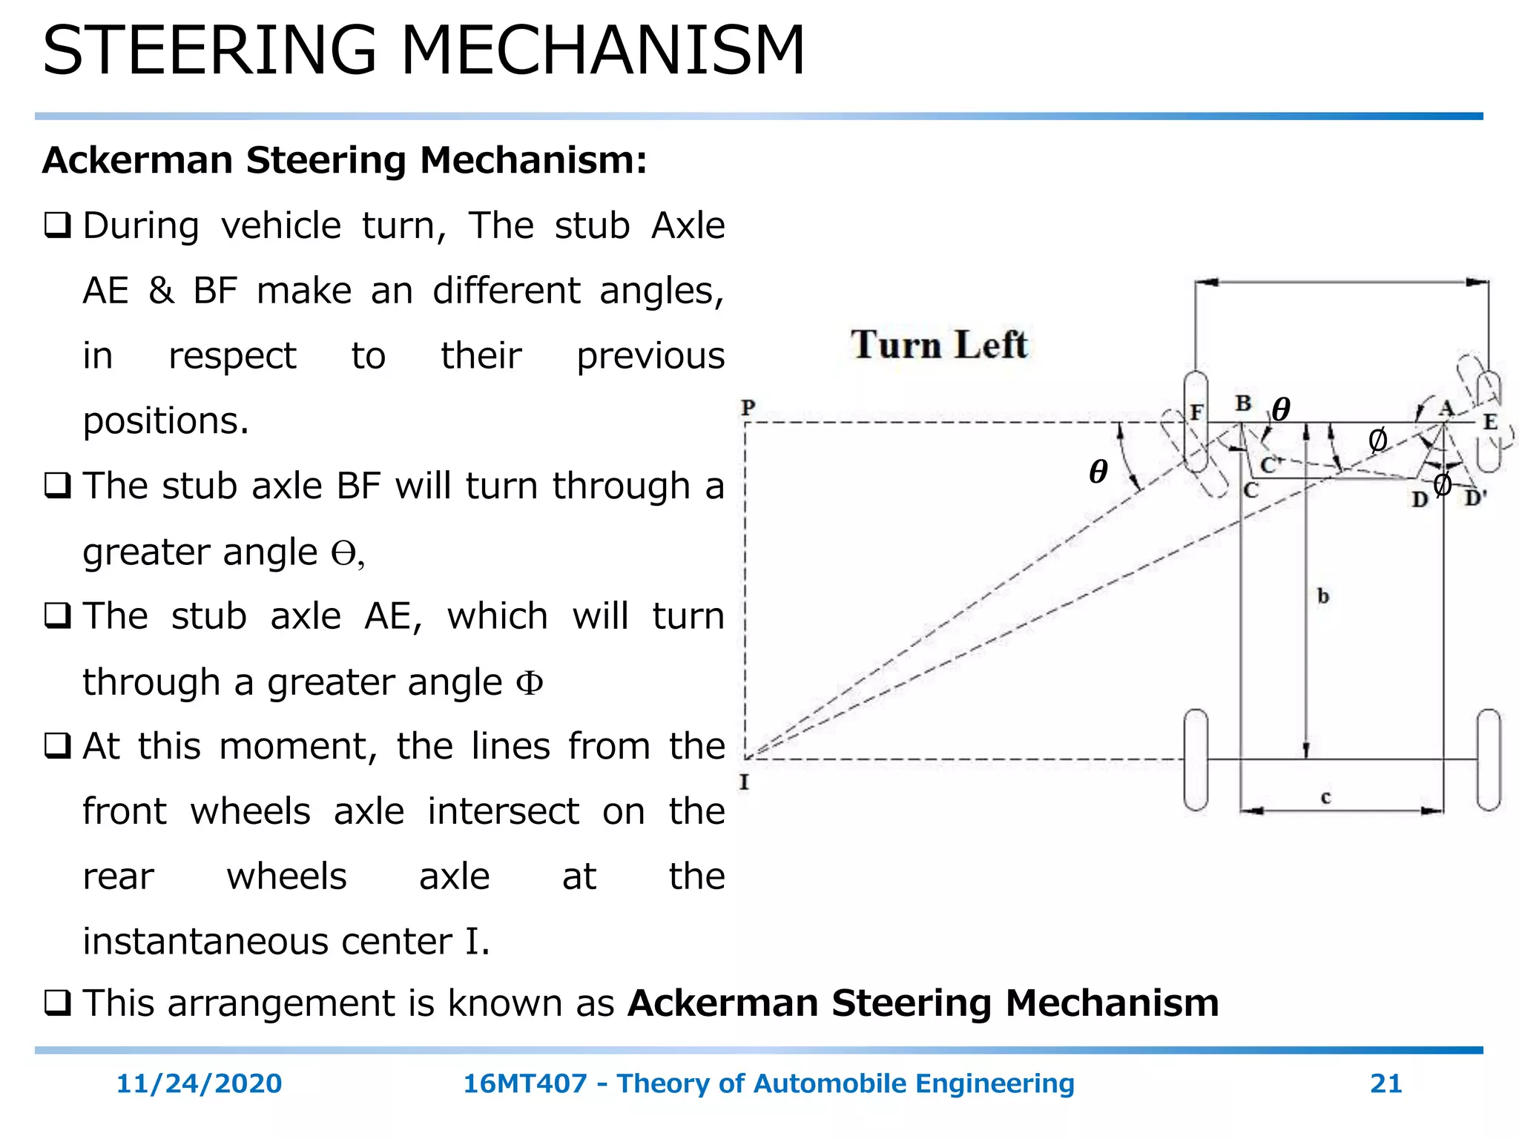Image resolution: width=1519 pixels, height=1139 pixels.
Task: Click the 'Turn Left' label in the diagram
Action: [x=939, y=345]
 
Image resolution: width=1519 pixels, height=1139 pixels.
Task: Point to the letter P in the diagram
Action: [x=748, y=407]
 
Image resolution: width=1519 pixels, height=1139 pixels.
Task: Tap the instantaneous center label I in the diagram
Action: [x=745, y=782]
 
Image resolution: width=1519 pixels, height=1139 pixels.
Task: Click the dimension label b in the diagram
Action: [x=1323, y=596]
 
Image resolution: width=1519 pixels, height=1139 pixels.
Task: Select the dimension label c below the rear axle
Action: [x=1326, y=797]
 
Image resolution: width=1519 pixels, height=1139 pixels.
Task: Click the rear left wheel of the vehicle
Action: [x=1196, y=759]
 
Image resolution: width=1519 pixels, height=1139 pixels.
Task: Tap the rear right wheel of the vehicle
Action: [x=1489, y=759]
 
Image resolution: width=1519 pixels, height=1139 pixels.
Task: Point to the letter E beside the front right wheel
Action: [x=1490, y=422]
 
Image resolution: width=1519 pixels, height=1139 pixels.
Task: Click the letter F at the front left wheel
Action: [x=1196, y=412]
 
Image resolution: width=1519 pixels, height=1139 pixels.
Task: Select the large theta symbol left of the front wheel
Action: [x=1098, y=472]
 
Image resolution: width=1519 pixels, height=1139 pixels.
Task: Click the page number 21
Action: [x=1385, y=1083]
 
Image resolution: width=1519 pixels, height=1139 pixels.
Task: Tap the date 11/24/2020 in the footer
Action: [x=199, y=1083]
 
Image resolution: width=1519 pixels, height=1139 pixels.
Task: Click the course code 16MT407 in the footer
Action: [x=525, y=1083]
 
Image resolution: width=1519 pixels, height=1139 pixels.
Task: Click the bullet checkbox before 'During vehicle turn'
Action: [x=57, y=225]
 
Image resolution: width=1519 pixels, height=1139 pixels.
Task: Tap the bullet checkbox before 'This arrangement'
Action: [x=57, y=1003]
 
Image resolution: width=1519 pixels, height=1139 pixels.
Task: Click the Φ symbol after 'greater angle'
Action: [x=530, y=682]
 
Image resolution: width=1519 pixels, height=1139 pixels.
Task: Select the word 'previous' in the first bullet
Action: [x=650, y=356]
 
